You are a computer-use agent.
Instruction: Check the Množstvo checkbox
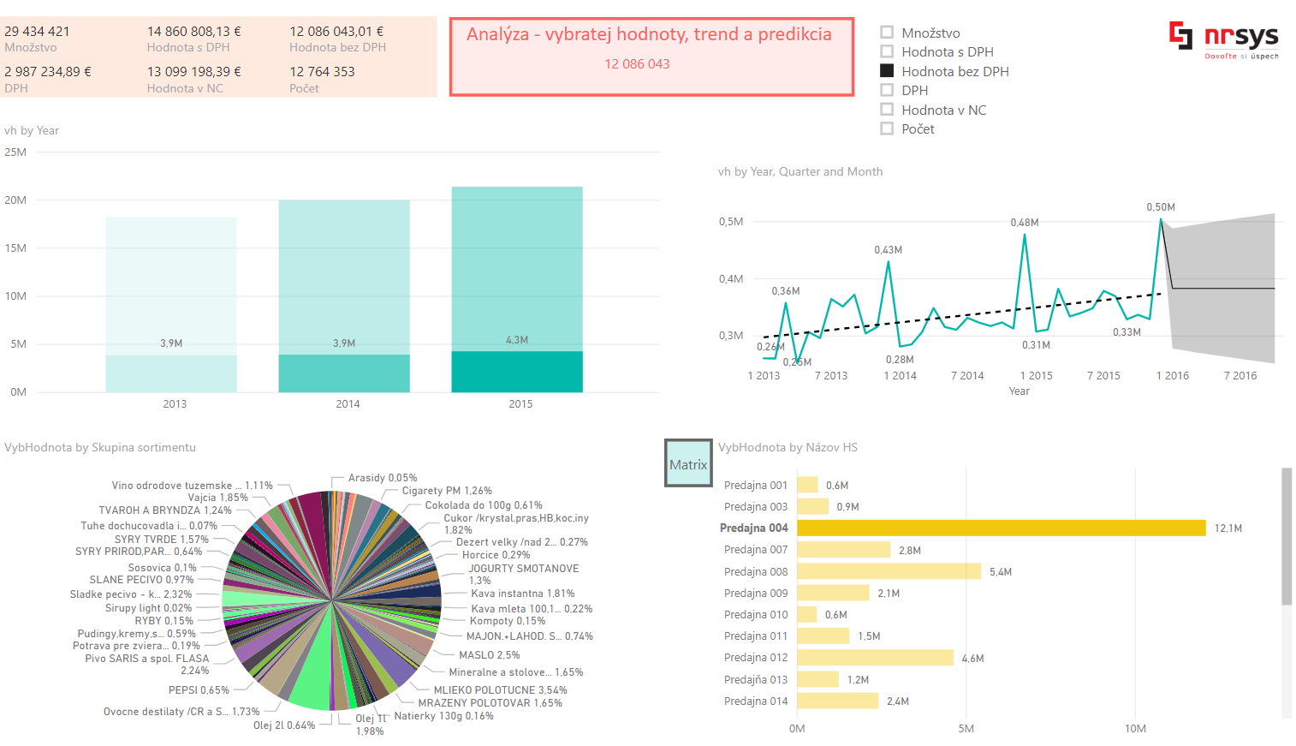coord(887,33)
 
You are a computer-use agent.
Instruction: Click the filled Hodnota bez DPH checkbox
coord(887,71)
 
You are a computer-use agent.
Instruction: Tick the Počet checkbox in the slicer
coord(887,128)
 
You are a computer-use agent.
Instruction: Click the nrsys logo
coord(1223,39)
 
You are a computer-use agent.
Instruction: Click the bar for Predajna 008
coord(888,571)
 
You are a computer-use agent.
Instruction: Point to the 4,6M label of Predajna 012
coord(972,659)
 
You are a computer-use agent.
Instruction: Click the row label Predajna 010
coord(755,615)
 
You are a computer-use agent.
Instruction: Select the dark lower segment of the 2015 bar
coord(517,372)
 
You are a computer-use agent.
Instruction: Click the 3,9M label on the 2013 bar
coord(171,343)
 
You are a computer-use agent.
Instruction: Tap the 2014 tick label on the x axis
coord(348,404)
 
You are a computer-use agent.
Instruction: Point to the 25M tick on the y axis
coord(15,152)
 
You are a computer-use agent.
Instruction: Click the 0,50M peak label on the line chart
coord(1160,207)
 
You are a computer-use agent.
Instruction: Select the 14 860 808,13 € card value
coord(194,32)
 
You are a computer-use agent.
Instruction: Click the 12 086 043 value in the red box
coord(637,64)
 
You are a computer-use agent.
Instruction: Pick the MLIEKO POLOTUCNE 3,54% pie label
coord(500,690)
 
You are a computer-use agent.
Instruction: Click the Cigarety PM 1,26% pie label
coord(447,491)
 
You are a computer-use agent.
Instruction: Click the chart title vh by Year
coord(32,131)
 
